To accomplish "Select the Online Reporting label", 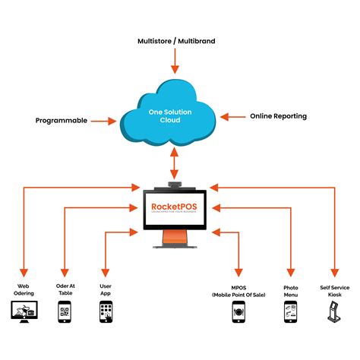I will pos(278,116).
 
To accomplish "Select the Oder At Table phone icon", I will pos(65,311).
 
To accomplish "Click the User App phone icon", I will pos(106,311).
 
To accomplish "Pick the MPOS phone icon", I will pos(238,311).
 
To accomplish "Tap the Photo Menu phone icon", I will pos(290,311).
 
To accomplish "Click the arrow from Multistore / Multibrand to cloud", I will pos(175,59).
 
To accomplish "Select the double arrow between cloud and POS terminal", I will pos(175,163).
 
